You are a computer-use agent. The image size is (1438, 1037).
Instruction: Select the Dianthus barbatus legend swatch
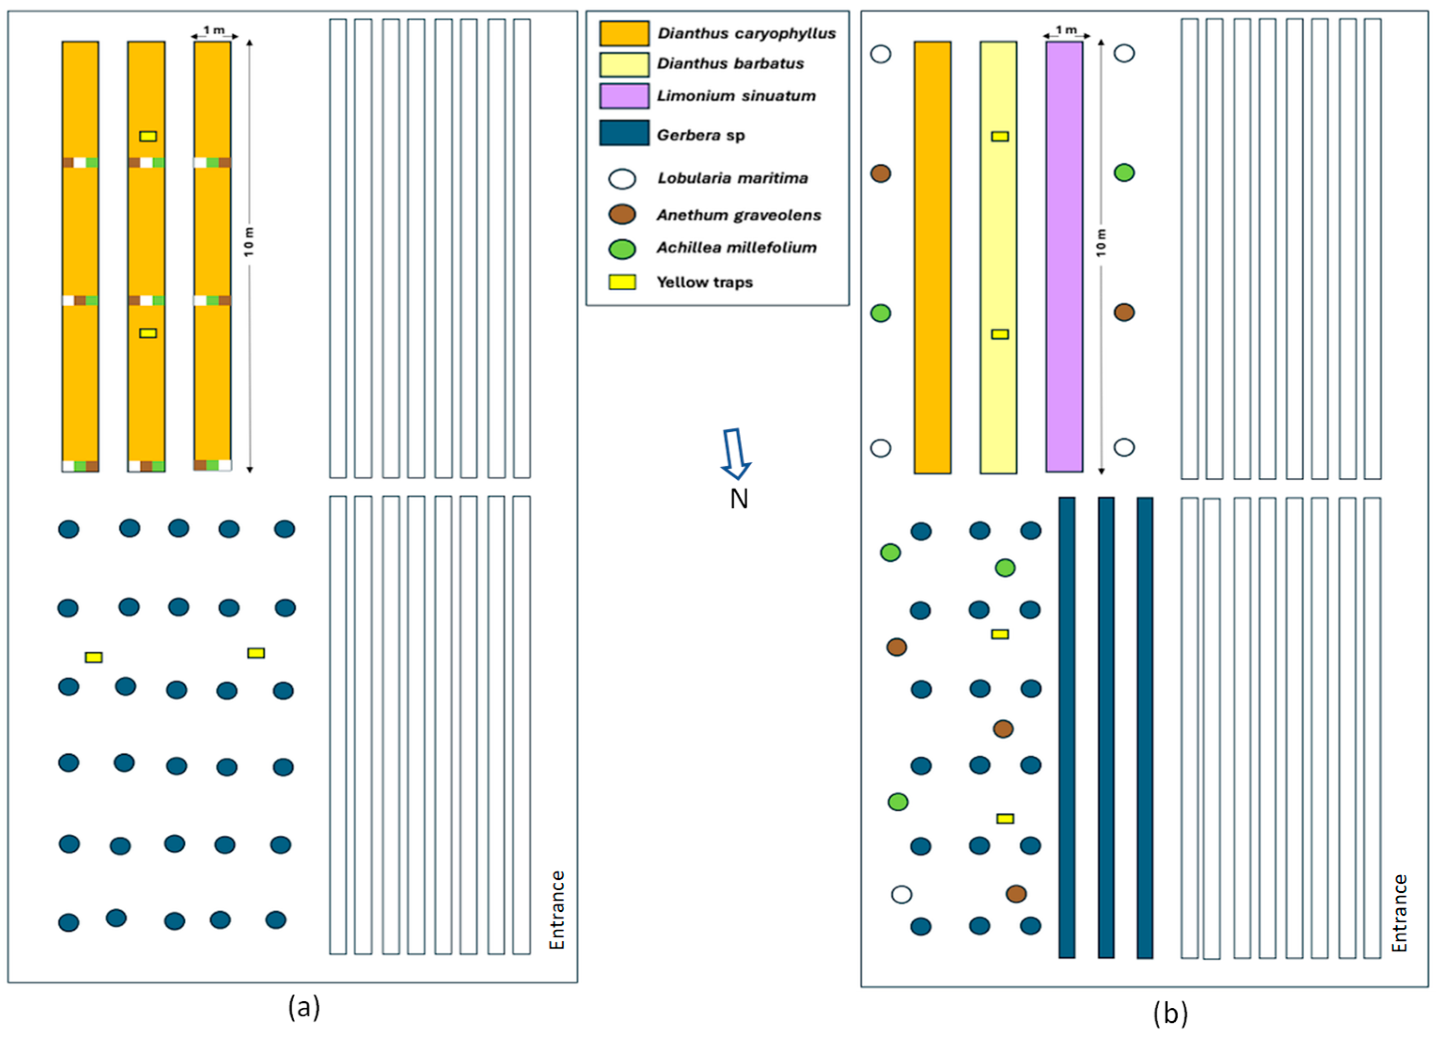tap(624, 64)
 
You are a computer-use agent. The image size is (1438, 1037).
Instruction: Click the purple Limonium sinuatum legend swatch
tap(624, 96)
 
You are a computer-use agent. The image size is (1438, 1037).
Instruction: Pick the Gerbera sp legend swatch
tap(624, 133)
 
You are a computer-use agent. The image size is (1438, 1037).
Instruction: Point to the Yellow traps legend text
tap(704, 282)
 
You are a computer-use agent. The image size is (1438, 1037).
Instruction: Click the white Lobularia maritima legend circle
tap(622, 179)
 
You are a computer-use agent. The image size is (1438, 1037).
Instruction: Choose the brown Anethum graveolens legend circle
tap(622, 214)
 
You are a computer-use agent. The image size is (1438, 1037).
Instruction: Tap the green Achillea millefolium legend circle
tap(622, 249)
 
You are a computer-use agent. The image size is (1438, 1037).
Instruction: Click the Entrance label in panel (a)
tap(557, 910)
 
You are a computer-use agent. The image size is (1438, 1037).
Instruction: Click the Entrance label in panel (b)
tap(1399, 913)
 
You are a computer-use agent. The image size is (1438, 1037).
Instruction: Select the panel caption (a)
tap(304, 1007)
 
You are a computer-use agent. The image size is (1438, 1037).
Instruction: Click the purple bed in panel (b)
tap(1064, 257)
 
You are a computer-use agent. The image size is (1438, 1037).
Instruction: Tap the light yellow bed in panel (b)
tap(998, 257)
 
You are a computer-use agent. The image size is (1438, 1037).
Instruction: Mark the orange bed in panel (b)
tap(932, 257)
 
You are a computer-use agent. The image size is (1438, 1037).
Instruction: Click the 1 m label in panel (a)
tap(214, 30)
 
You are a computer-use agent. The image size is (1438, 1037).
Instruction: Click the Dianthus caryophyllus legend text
tap(746, 33)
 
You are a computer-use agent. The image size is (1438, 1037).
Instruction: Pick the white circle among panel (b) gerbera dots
tap(901, 895)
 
